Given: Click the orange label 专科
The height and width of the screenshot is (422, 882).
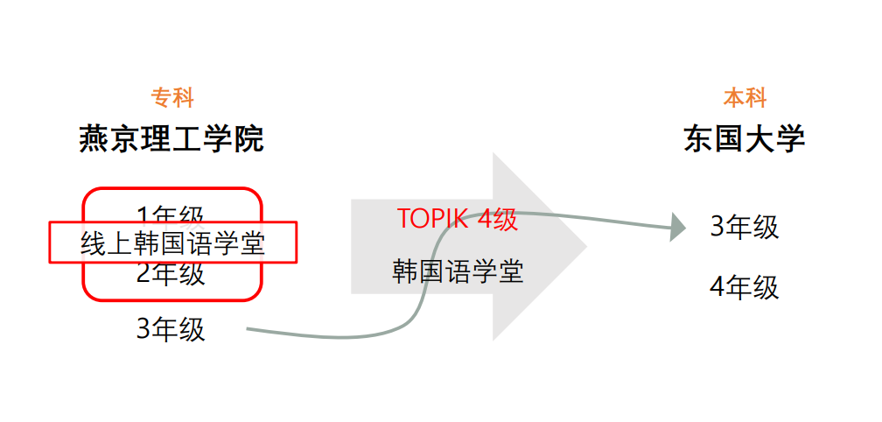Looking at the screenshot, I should pyautogui.click(x=171, y=97).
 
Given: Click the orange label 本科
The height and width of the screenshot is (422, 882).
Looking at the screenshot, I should pyautogui.click(x=745, y=97).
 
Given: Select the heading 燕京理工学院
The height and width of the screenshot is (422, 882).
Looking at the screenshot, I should pyautogui.click(x=171, y=139).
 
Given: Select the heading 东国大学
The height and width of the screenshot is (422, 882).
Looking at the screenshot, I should pyautogui.click(x=745, y=139).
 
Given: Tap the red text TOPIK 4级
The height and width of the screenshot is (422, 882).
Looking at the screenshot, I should pyautogui.click(x=458, y=219).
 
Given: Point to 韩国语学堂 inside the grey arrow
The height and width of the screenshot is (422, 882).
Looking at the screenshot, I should pyautogui.click(x=458, y=271).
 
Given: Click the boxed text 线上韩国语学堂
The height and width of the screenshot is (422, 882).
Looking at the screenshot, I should pyautogui.click(x=172, y=243).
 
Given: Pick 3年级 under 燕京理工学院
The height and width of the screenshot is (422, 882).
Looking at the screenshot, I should pyautogui.click(x=171, y=329).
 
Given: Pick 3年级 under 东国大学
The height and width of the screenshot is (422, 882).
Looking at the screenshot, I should pyautogui.click(x=745, y=227).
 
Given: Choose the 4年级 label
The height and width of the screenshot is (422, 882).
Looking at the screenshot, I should pyautogui.click(x=745, y=287).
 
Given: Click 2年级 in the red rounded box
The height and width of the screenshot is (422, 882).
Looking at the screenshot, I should pyautogui.click(x=171, y=275).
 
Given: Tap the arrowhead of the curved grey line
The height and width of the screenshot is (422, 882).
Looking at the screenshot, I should pyautogui.click(x=677, y=227).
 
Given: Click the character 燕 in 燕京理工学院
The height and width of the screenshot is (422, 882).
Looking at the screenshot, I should pyautogui.click(x=94, y=139).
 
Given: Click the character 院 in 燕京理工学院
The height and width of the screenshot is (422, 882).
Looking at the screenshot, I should pyautogui.click(x=248, y=139).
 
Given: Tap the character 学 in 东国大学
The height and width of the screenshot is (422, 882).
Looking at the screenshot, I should pyautogui.click(x=790, y=139).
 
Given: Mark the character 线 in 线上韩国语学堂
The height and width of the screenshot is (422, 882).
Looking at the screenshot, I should pyautogui.click(x=94, y=243).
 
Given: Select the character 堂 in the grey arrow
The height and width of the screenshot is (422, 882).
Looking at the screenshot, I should pyautogui.click(x=510, y=271).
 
